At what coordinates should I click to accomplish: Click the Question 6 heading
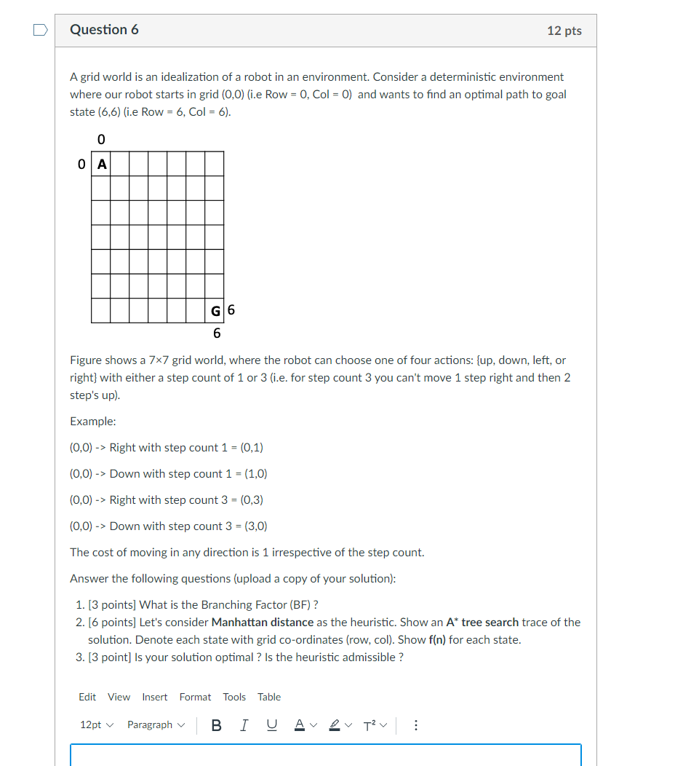104,30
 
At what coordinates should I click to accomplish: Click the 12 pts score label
564,31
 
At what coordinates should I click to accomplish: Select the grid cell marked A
102,165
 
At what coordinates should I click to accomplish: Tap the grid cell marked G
215,311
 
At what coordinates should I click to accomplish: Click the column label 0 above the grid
100,138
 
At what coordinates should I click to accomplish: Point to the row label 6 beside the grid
231,310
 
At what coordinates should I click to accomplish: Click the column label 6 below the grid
217,333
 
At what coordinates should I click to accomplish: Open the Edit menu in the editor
87,697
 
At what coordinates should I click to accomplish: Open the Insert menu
154,697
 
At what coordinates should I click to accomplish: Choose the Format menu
195,697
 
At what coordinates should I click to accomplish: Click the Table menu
269,697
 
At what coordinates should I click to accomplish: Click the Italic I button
244,724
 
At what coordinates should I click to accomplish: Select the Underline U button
271,724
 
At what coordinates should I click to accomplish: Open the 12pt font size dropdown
96,724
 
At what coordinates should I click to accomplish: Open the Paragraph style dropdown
156,724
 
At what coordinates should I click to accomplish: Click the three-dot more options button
415,724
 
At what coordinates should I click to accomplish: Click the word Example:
93,422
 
